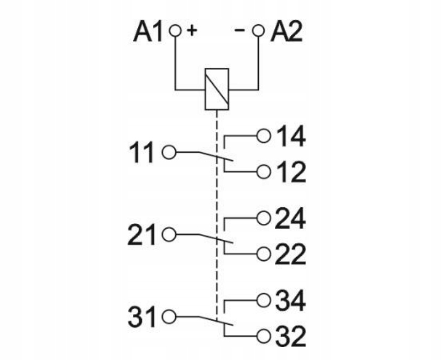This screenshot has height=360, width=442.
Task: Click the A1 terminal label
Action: pos(148,32)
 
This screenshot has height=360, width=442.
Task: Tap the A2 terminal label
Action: pos(287,32)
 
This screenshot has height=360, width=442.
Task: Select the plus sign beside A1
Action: pos(192,30)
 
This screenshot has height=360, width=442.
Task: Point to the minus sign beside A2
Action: pos(240,29)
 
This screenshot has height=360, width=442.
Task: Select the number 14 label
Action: pos(290,137)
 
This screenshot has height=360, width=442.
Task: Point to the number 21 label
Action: pos(141,234)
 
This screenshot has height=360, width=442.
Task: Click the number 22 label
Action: pos(290,254)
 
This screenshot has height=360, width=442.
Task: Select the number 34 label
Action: pos(290,301)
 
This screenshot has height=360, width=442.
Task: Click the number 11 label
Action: pos(141,152)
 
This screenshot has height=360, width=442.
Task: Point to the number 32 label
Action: pos(290,336)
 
